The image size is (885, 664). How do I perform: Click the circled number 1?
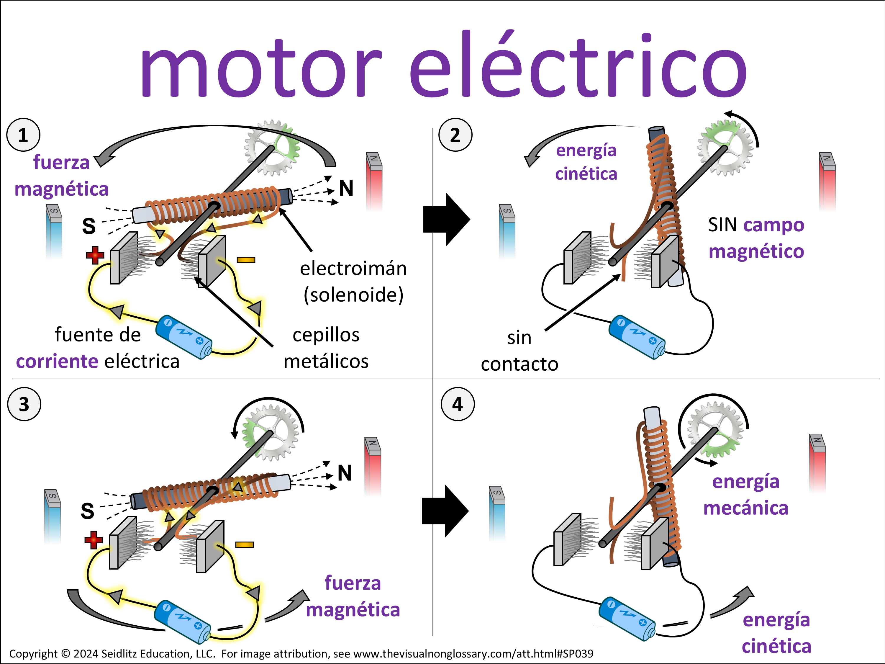click(x=23, y=135)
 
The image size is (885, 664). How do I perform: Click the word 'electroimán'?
click(x=353, y=268)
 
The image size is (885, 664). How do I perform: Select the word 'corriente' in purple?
click(x=57, y=362)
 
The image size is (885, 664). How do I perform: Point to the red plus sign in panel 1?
click(x=95, y=255)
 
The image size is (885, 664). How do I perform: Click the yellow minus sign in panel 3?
click(x=245, y=545)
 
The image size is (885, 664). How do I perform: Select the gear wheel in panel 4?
click(x=715, y=430)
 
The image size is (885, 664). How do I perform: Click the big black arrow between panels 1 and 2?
click(x=446, y=219)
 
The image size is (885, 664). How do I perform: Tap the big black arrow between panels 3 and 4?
click(x=445, y=511)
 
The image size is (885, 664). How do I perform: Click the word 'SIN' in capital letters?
click(x=722, y=225)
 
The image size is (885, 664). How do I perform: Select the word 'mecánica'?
click(x=746, y=508)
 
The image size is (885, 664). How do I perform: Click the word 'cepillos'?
click(x=326, y=335)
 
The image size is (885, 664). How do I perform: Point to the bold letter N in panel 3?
click(x=345, y=473)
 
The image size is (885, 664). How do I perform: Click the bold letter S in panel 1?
click(x=89, y=226)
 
